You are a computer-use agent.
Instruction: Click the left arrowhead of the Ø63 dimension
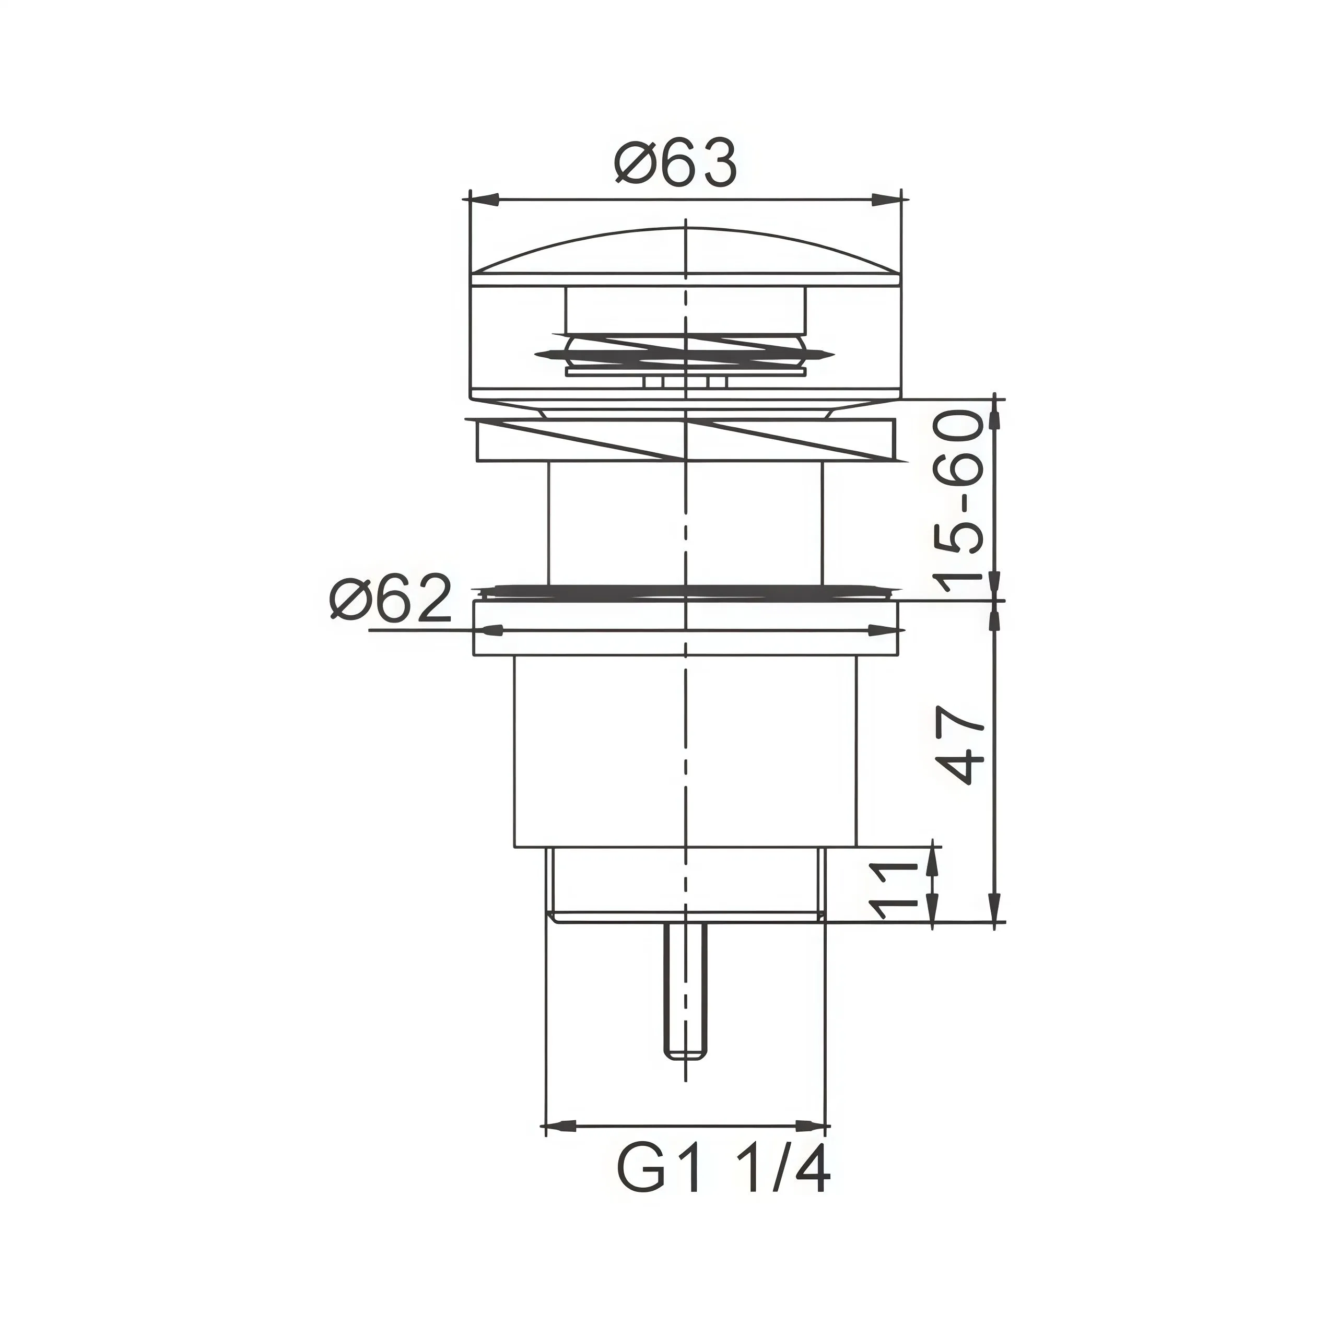tap(485, 200)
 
